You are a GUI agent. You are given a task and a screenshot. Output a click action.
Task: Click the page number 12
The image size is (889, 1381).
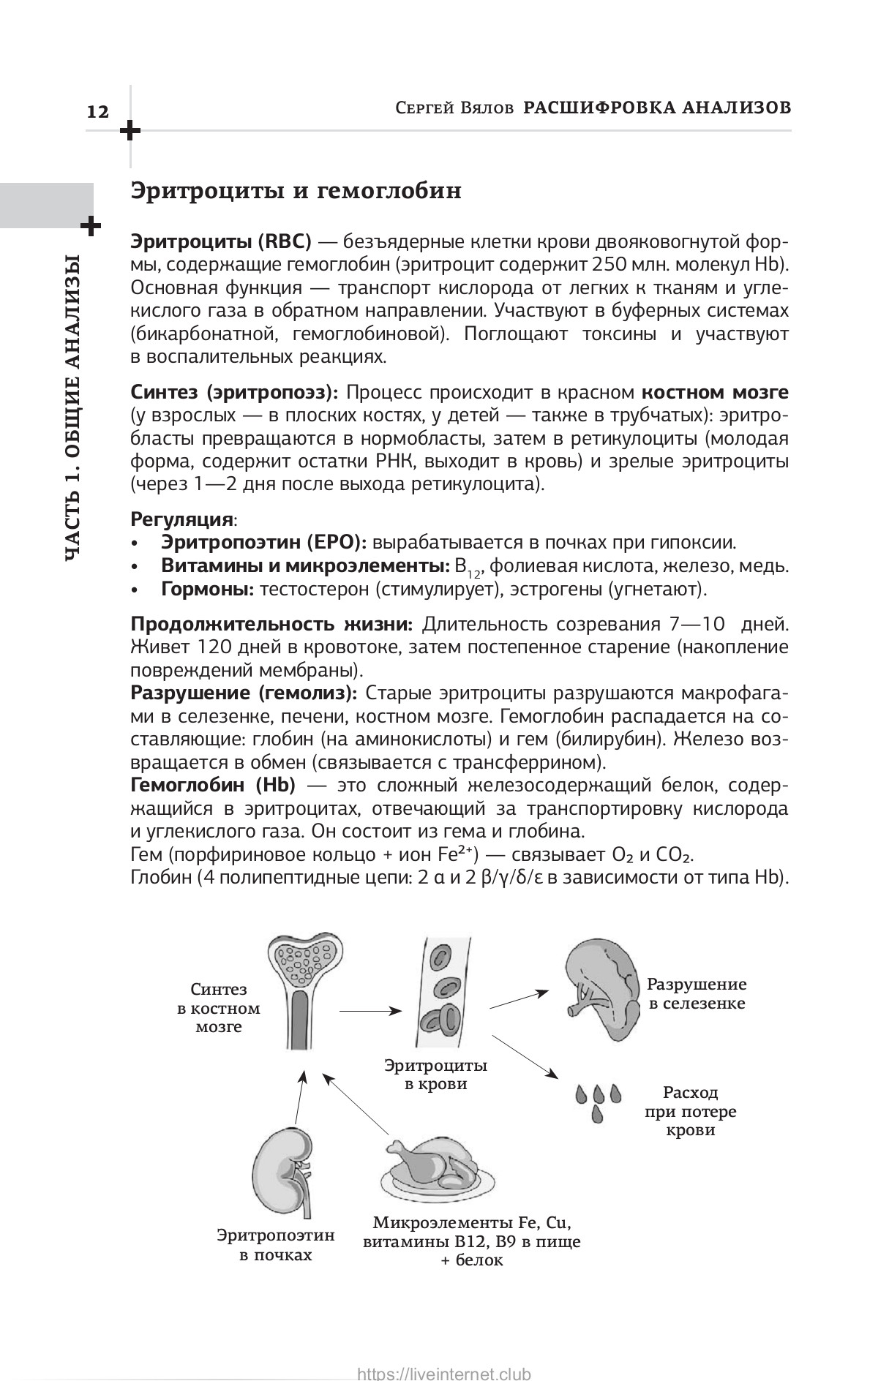pos(97,112)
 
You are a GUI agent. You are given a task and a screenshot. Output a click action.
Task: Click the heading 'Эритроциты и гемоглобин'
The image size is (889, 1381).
pos(296,192)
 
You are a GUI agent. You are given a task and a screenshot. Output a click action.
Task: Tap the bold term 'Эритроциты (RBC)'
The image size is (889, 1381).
pos(221,241)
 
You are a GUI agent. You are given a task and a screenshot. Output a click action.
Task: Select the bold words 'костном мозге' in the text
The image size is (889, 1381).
pos(720,392)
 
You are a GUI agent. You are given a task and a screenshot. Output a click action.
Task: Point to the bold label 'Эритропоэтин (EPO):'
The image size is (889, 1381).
pos(263,542)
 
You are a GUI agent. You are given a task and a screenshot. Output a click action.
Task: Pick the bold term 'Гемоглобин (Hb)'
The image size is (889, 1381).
pos(213,785)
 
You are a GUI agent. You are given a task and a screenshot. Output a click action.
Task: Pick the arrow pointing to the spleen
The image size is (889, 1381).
pos(519,1000)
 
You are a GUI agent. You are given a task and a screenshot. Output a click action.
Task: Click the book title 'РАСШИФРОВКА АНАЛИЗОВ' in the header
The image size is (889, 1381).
pos(658,108)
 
